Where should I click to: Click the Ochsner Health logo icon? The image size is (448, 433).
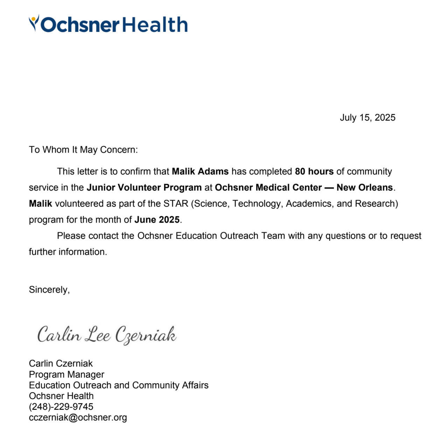[x=34, y=23]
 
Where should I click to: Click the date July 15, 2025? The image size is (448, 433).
[x=367, y=118]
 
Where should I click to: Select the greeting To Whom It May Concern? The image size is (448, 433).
[x=83, y=150]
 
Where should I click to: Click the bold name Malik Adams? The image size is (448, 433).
[x=200, y=172]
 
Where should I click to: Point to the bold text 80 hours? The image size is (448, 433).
[x=314, y=172]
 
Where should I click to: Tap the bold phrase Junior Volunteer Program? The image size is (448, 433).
[x=144, y=188]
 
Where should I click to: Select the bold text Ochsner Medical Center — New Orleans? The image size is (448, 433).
[x=304, y=188]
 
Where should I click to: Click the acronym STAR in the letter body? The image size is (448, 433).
[x=176, y=204]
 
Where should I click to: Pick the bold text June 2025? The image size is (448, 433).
[x=157, y=220]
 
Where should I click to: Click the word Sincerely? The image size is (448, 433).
[x=49, y=290]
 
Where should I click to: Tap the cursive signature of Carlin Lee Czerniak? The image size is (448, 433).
[x=107, y=335]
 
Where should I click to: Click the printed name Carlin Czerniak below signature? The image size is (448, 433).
[x=61, y=363]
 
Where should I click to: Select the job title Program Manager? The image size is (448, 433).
[x=66, y=375]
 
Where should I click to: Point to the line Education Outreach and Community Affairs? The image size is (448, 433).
[x=119, y=385]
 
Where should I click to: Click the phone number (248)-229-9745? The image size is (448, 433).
[x=61, y=407]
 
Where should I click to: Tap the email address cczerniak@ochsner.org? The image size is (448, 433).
[x=78, y=418]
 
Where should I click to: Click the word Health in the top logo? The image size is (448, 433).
[x=155, y=25]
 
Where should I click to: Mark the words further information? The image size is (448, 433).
[x=68, y=252]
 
